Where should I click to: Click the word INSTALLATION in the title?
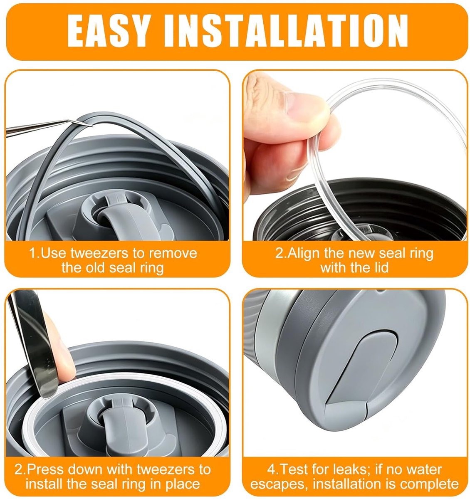click(286, 31)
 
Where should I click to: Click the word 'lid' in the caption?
click(381, 267)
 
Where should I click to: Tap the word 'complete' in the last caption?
click(430, 484)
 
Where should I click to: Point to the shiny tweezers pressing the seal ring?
click(34, 344)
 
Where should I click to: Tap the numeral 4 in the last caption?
click(271, 469)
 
